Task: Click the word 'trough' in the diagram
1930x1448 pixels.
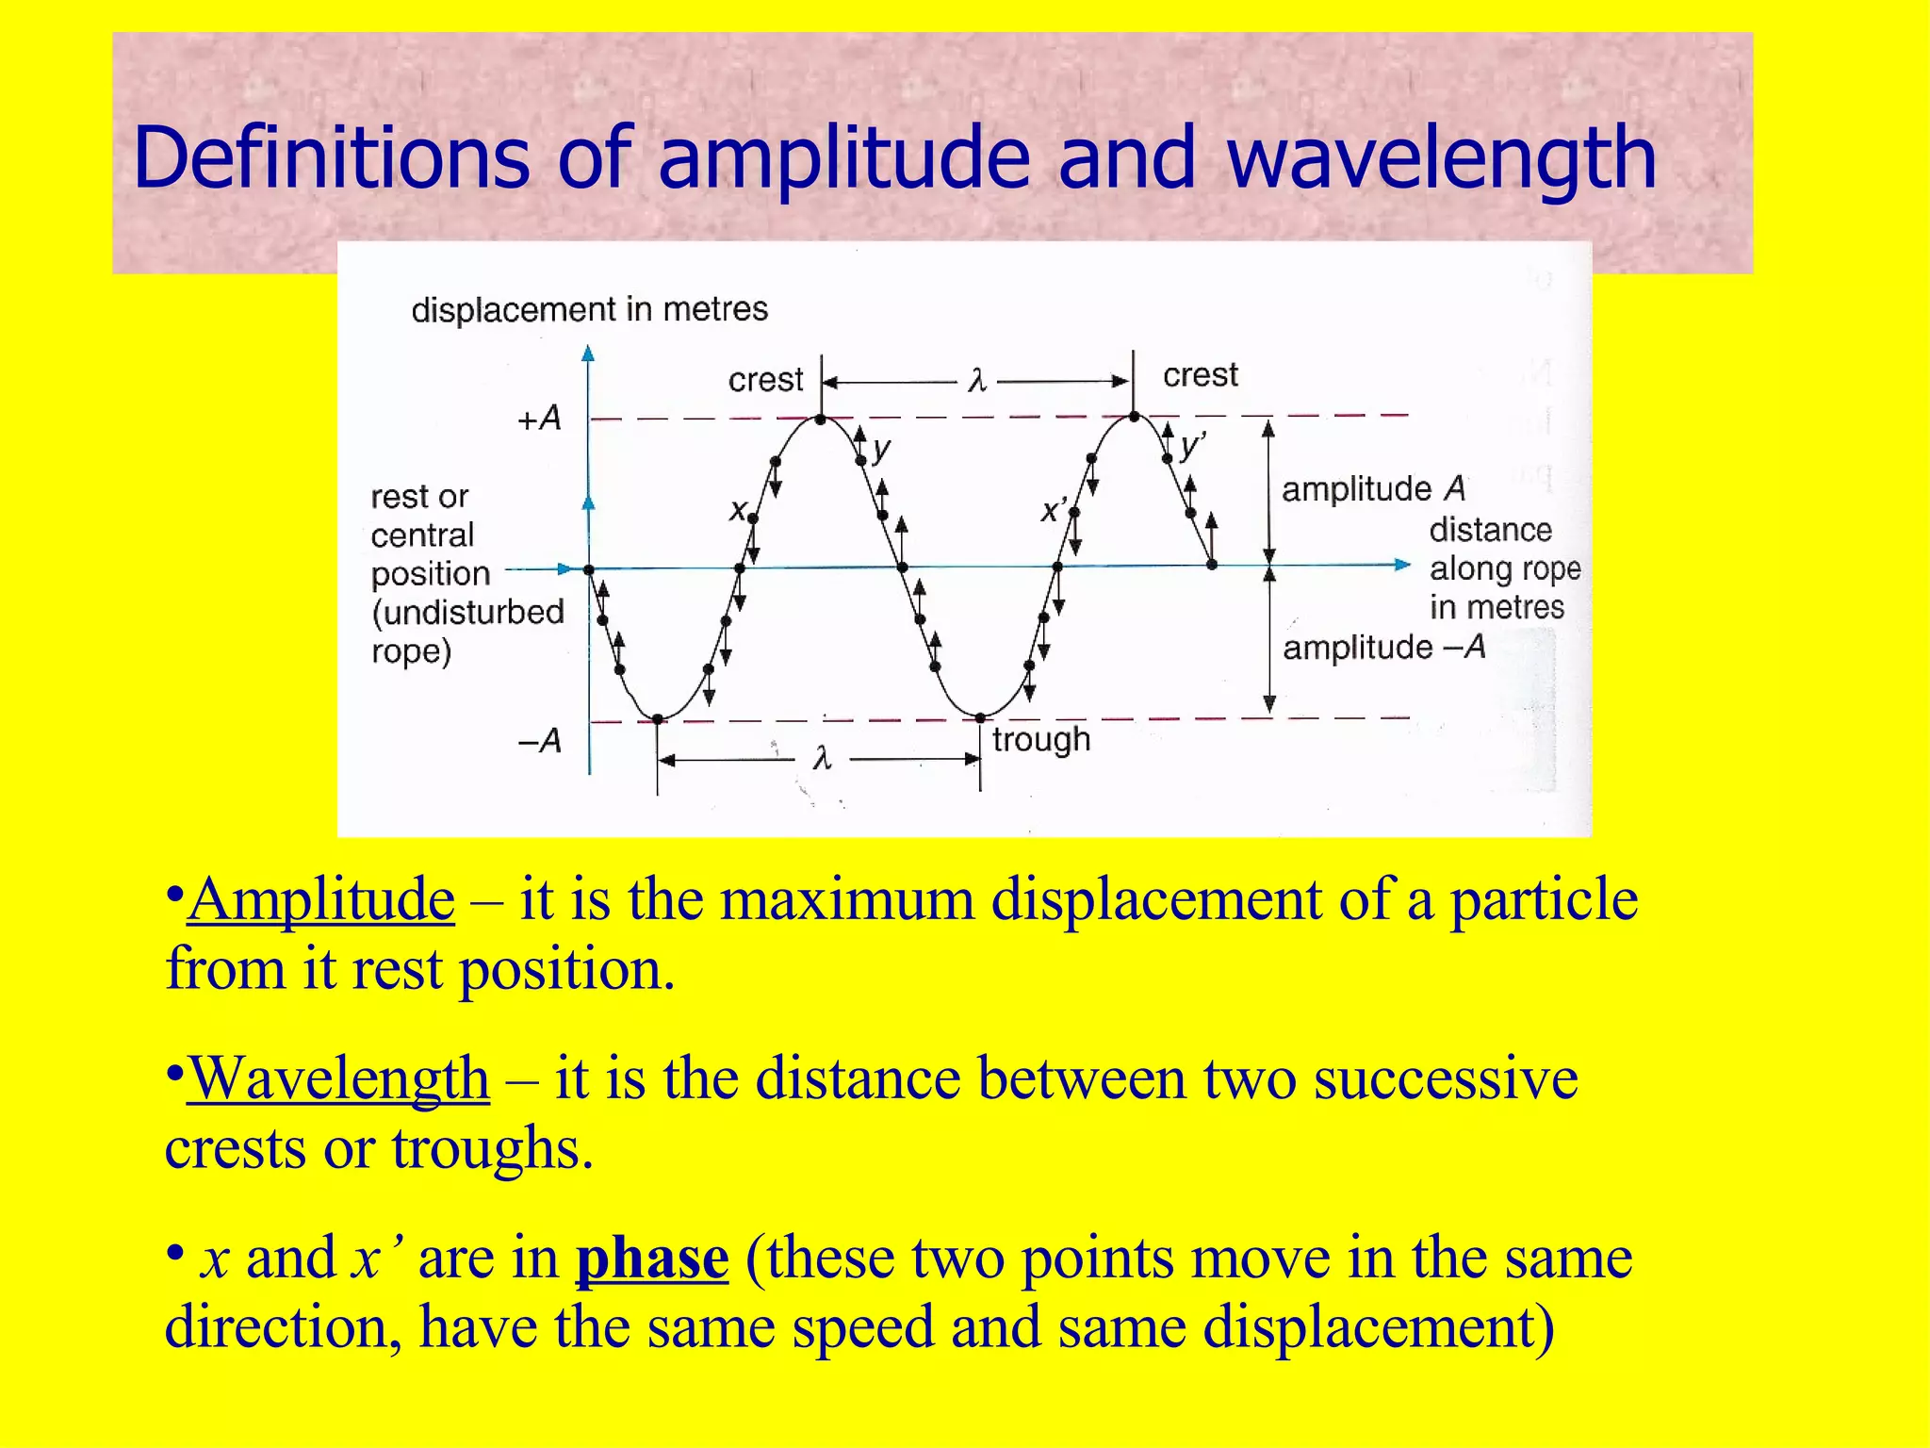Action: point(1041,740)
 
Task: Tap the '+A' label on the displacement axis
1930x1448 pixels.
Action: point(539,418)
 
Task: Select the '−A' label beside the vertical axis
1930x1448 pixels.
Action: point(540,741)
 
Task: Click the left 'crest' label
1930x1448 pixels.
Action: point(765,380)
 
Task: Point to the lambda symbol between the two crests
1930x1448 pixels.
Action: point(977,381)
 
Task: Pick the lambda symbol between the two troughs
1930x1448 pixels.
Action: point(822,758)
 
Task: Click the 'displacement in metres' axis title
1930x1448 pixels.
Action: point(589,309)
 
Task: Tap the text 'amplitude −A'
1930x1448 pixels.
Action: point(1383,648)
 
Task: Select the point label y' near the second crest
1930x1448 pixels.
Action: point(1192,445)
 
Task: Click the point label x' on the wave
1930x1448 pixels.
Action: point(1053,511)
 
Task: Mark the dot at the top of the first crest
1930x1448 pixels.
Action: point(821,420)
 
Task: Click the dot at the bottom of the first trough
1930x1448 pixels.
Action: point(658,719)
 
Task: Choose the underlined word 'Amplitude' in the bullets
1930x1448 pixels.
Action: point(321,899)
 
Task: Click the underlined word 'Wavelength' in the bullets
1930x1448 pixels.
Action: point(339,1078)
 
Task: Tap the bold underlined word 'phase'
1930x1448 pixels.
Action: point(652,1259)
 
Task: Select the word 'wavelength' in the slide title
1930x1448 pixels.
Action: point(1442,157)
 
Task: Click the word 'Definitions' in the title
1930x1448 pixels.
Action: point(332,157)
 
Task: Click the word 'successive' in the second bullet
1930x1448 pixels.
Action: point(1446,1078)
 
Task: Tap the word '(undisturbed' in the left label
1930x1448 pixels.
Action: point(468,613)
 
